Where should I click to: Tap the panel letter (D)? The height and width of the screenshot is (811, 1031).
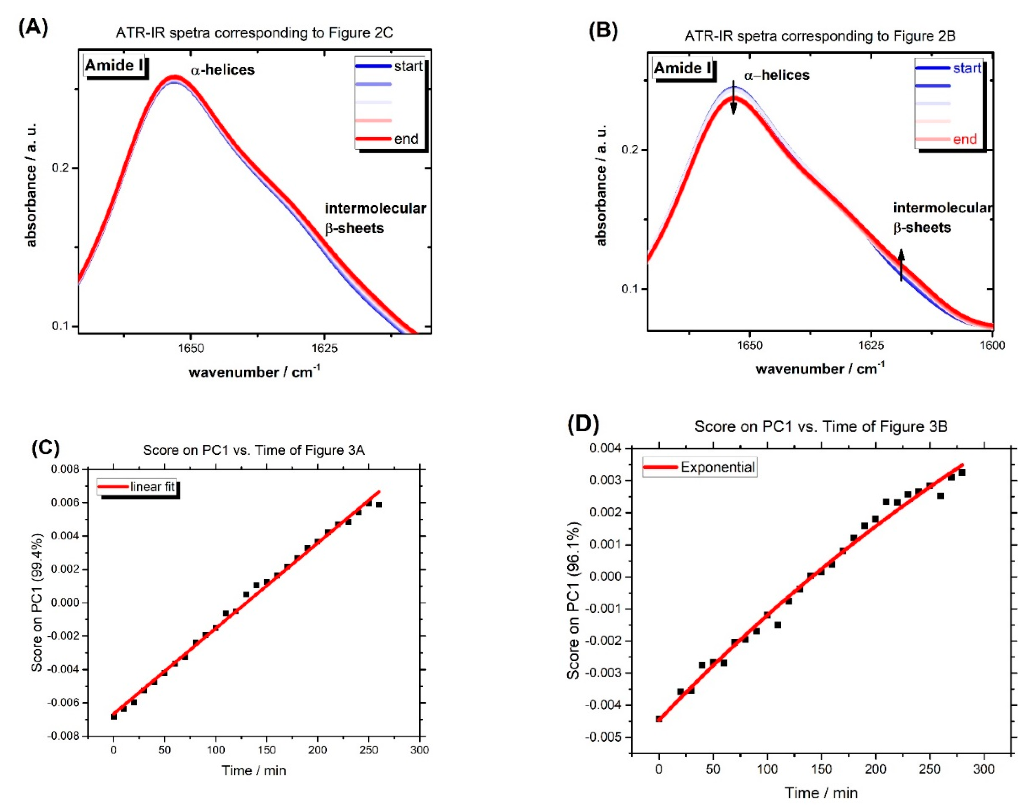pyautogui.click(x=583, y=424)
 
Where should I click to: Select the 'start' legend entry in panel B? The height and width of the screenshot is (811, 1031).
pyautogui.click(x=967, y=68)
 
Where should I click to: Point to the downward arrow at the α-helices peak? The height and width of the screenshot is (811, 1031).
pyautogui.click(x=733, y=98)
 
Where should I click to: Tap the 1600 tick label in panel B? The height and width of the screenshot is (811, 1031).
pyautogui.click(x=992, y=345)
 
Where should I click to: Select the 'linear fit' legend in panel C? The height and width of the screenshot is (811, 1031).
pyautogui.click(x=152, y=487)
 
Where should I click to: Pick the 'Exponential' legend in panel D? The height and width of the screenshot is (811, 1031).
pyautogui.click(x=717, y=467)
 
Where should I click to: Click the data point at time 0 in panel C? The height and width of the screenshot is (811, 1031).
pyautogui.click(x=113, y=716)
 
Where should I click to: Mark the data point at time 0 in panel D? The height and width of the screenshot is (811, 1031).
pyautogui.click(x=659, y=719)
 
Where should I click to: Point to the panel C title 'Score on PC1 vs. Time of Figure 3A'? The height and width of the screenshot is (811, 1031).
pyautogui.click(x=254, y=450)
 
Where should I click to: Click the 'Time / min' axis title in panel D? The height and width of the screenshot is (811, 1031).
pyautogui.click(x=821, y=793)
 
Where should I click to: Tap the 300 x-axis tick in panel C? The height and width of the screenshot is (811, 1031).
pyautogui.click(x=419, y=750)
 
